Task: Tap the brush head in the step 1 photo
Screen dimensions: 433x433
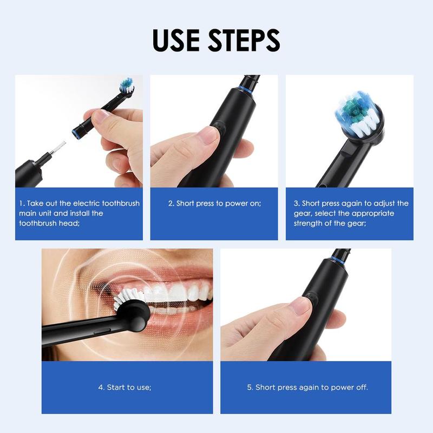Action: pyautogui.click(x=126, y=85)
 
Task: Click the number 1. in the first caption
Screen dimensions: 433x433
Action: pyautogui.click(x=22, y=204)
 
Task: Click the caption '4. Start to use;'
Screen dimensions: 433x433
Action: pyautogui.click(x=124, y=388)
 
